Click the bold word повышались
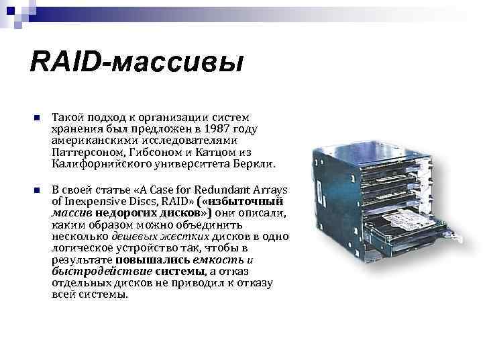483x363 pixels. (x=153, y=260)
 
